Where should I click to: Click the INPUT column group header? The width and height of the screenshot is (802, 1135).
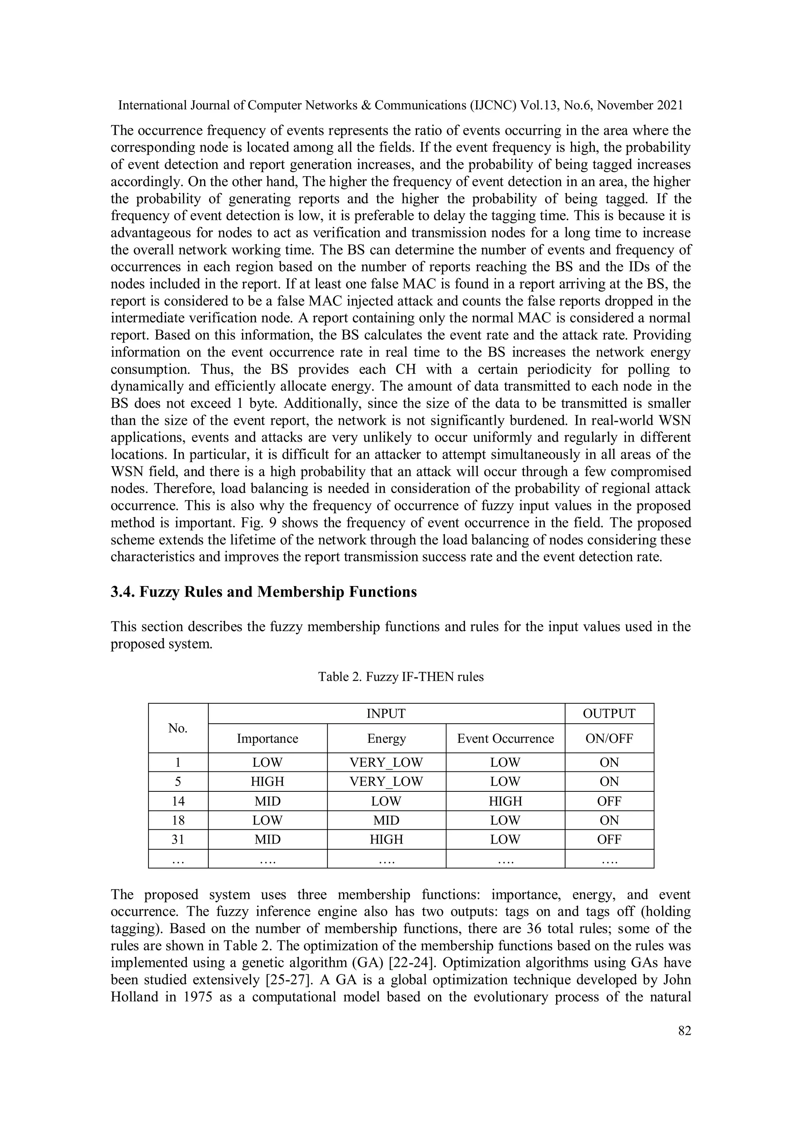[x=386, y=713]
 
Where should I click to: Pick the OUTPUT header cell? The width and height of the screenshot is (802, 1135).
[x=609, y=713]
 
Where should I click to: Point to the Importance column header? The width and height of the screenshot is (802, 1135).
[x=267, y=739]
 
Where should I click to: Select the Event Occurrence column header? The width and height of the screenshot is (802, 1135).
[x=505, y=739]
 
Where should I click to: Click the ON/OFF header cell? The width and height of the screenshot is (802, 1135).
[x=609, y=739]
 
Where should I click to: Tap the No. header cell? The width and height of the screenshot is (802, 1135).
[x=178, y=728]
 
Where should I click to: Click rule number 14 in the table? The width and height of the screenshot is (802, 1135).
[x=178, y=801]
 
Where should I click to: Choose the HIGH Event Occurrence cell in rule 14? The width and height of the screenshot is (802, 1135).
[x=505, y=801]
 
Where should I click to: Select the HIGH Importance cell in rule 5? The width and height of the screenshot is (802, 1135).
[x=267, y=782]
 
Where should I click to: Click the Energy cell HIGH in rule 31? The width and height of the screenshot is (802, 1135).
[x=386, y=839]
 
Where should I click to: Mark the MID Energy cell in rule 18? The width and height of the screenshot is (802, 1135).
[x=386, y=820]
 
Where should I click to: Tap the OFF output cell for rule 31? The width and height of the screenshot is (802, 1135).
[x=609, y=839]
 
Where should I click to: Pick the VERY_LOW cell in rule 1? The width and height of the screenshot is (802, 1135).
[x=386, y=762]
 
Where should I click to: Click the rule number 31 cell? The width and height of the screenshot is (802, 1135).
[x=178, y=839]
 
